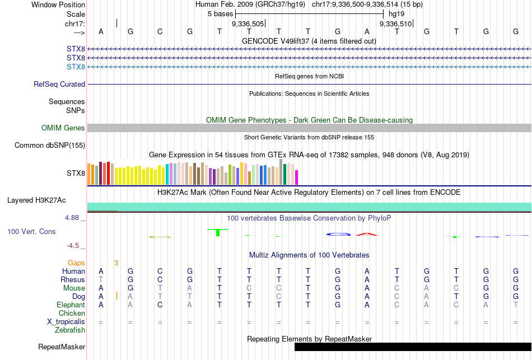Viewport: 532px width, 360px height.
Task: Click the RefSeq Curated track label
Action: [x=59, y=84]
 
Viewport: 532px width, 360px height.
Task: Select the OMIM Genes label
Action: [x=63, y=128]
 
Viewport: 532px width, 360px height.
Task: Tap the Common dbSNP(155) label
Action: [x=50, y=145]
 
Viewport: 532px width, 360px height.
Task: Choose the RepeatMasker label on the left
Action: [x=62, y=347]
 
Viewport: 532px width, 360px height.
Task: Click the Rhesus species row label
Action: [x=73, y=279]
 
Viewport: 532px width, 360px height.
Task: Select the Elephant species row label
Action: [x=71, y=305]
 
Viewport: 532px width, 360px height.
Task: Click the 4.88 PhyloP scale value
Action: [x=74, y=218]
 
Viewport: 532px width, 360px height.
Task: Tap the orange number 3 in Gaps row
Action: [x=116, y=262]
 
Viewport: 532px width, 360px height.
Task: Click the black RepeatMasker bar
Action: [x=413, y=347]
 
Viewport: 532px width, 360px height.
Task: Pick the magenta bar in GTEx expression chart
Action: [x=296, y=177]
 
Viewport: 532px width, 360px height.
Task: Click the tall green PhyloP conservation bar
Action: [x=217, y=232]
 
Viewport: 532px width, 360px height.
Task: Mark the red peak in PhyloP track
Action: [x=366, y=233]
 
